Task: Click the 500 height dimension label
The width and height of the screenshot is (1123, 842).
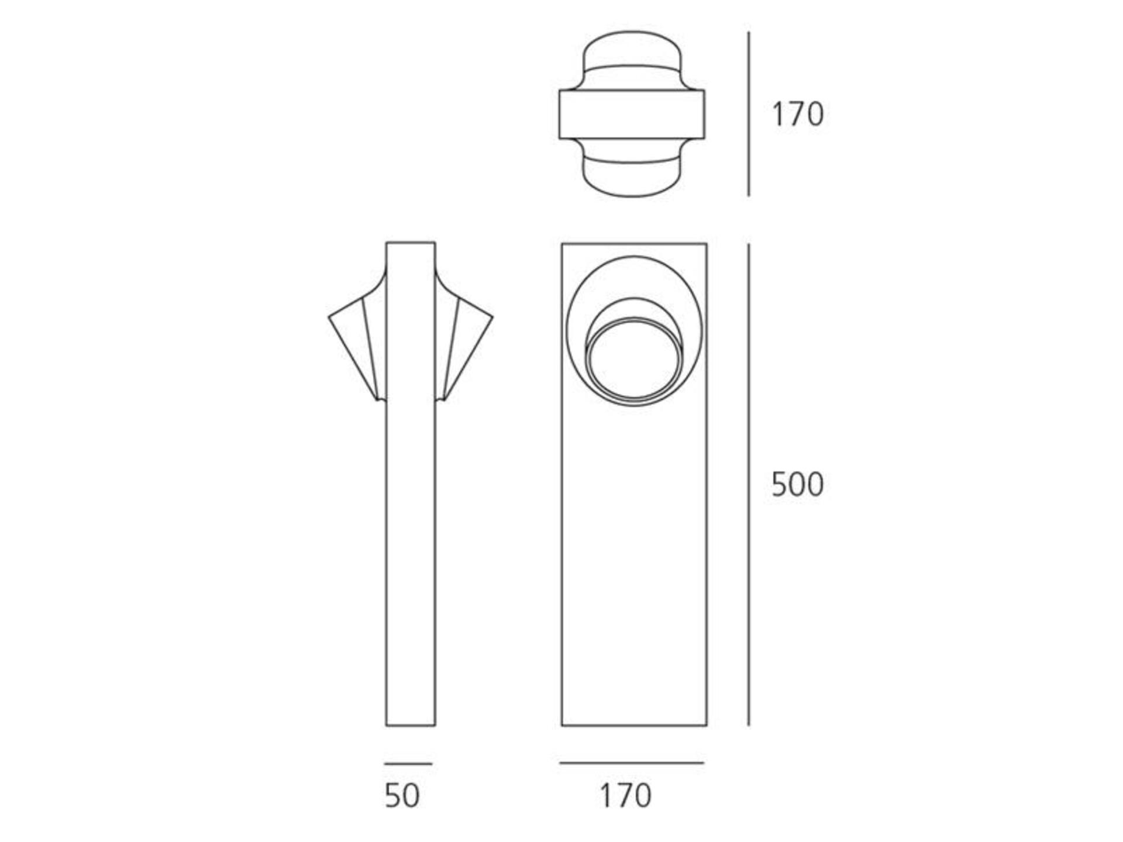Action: pyautogui.click(x=797, y=484)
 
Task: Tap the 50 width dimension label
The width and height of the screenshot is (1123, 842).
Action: pyautogui.click(x=402, y=795)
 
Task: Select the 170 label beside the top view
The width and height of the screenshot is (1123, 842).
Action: pyautogui.click(x=798, y=114)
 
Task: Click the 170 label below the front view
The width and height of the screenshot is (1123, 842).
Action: pyautogui.click(x=625, y=795)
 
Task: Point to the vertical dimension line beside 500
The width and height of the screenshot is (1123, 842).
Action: pyautogui.click(x=749, y=485)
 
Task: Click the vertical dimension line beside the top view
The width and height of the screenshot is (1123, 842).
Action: pyautogui.click(x=749, y=114)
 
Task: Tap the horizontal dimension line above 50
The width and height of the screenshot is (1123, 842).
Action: pyautogui.click(x=408, y=764)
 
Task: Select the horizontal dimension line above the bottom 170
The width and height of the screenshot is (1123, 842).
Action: pyautogui.click(x=632, y=763)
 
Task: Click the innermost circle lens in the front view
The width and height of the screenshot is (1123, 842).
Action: pyautogui.click(x=634, y=360)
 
